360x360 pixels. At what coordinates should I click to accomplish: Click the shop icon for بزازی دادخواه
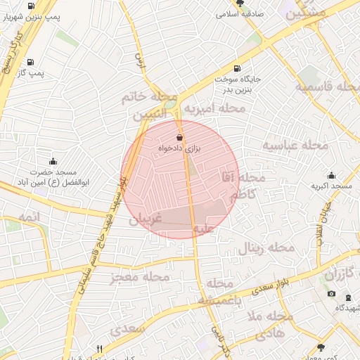coord(179,137)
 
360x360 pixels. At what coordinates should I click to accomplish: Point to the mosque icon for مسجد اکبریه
coord(332,176)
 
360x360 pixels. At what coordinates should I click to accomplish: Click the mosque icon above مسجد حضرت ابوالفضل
coord(53,162)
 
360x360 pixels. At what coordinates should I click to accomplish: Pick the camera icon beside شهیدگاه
coord(332,294)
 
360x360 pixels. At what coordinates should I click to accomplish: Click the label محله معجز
coord(141,278)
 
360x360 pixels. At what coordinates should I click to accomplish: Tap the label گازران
coord(341,271)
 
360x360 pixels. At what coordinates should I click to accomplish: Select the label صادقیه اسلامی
coord(240,13)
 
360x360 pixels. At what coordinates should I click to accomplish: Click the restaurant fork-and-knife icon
coord(100,349)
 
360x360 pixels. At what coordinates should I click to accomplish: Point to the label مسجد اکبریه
coord(332,186)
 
